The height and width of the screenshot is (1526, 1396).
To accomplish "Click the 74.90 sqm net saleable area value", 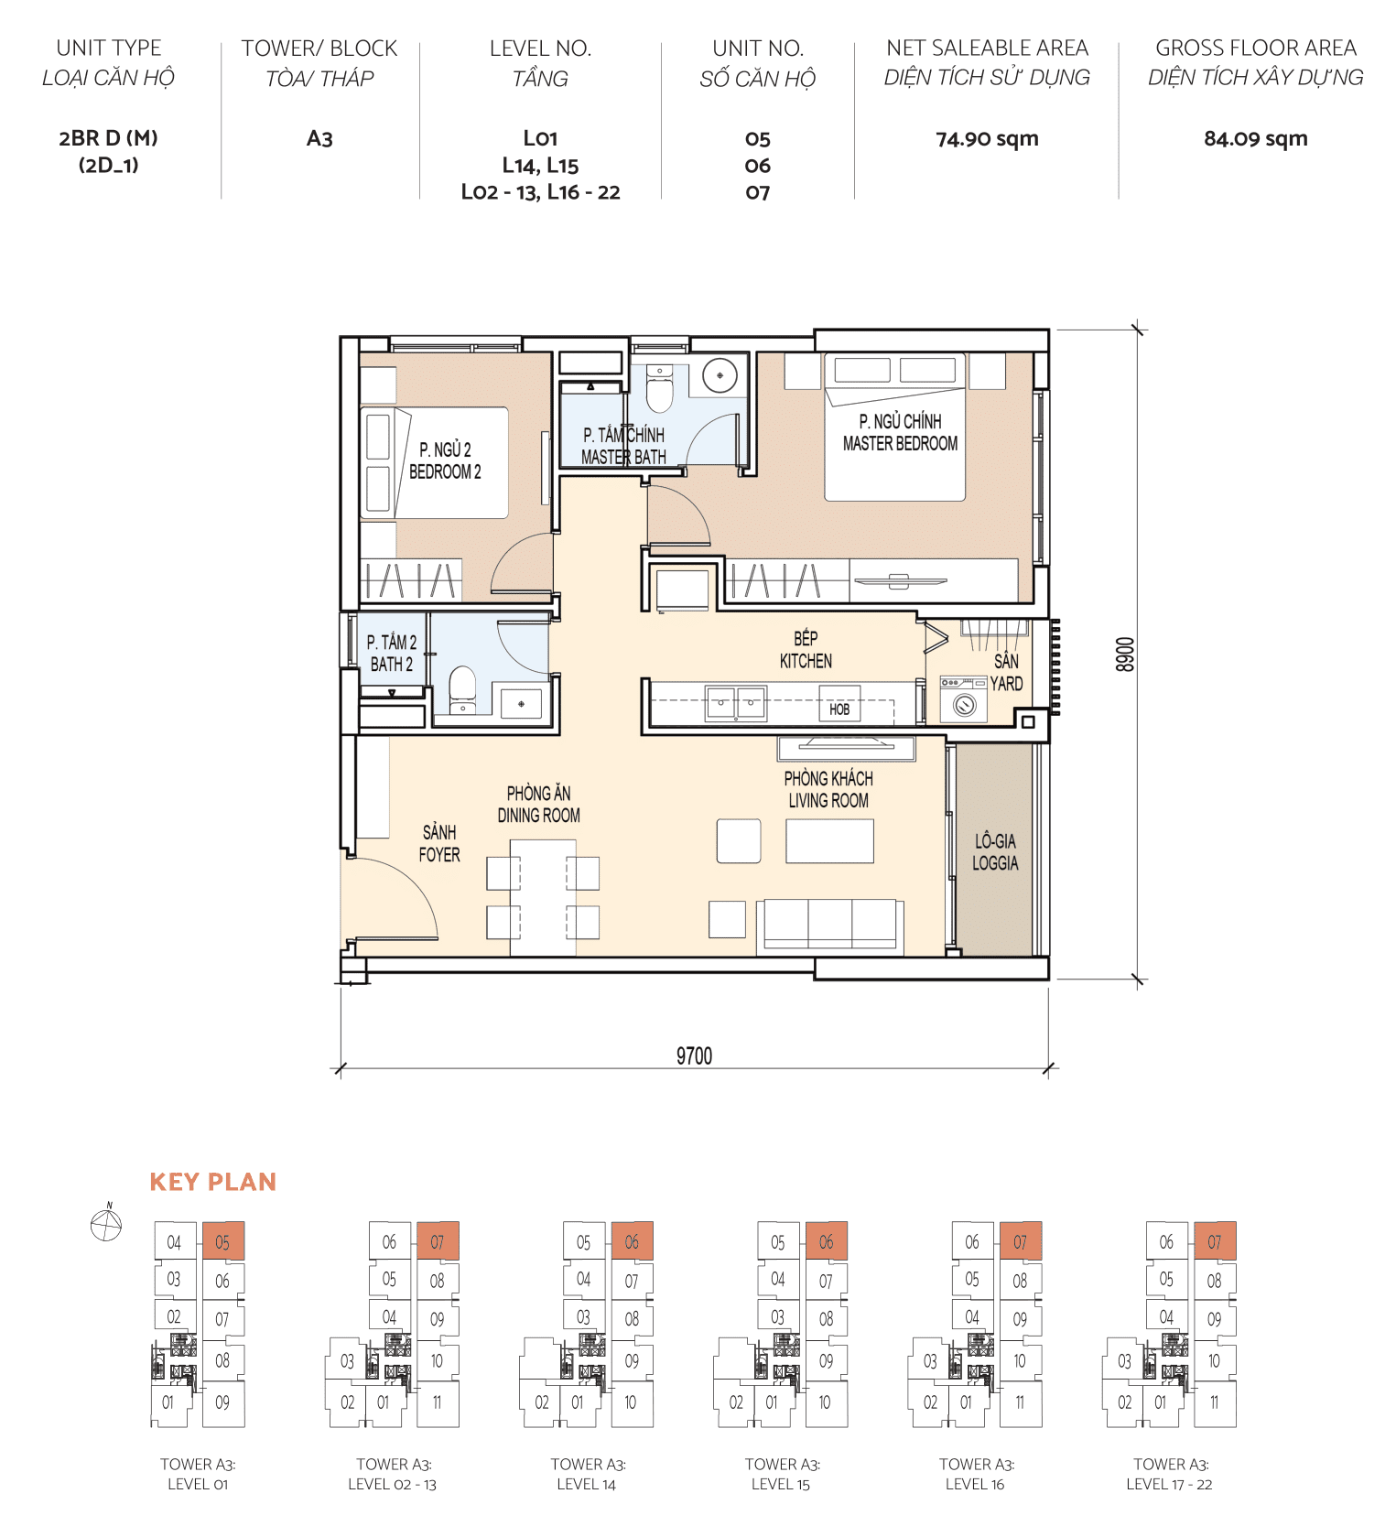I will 987,139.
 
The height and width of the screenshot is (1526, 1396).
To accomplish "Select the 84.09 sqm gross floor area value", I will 1255,139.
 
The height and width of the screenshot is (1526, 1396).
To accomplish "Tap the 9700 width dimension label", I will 694,1055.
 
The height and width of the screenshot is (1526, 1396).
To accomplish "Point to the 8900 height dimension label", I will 1125,655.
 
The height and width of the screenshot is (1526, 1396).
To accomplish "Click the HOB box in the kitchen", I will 839,709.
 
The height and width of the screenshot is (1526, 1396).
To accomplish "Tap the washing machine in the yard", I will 964,705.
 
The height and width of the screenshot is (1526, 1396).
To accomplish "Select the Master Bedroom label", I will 900,432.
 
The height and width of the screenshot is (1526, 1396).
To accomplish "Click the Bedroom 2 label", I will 445,460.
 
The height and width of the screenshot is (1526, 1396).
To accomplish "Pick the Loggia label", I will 995,851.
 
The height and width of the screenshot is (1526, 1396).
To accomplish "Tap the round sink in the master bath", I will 720,375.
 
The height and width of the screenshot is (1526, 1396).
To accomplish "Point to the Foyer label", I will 439,843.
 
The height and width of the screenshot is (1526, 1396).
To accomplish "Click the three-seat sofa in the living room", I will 830,925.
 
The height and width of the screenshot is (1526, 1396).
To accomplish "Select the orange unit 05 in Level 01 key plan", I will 222,1242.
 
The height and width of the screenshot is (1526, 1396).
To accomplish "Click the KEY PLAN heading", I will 212,1182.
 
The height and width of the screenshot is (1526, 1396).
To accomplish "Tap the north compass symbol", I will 107,1224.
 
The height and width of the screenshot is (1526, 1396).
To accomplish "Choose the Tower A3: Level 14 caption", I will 588,1474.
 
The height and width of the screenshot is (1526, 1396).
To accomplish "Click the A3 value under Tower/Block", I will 319,139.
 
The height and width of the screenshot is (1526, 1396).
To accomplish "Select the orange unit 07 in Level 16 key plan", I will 1020,1242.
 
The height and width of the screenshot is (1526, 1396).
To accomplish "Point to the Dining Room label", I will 538,804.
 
